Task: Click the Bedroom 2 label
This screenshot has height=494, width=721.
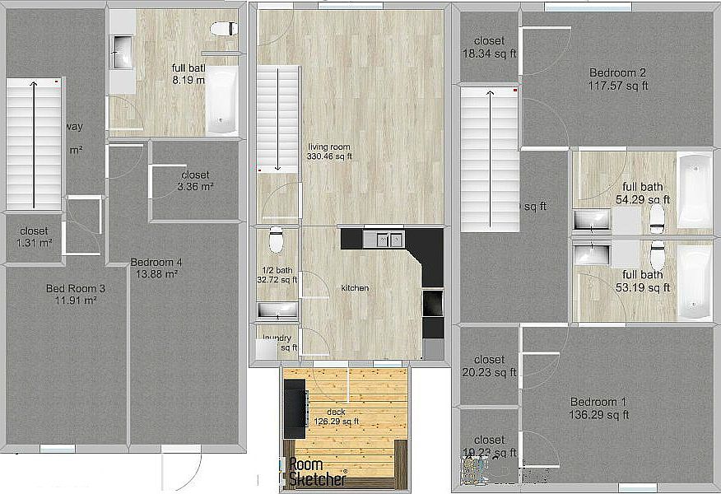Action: [x=618, y=72]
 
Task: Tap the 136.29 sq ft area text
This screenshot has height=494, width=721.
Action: [x=599, y=415]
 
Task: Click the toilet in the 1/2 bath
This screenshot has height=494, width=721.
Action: [x=276, y=240]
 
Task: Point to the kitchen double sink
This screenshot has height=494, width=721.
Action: [x=384, y=240]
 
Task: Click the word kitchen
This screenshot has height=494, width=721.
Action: [x=355, y=288]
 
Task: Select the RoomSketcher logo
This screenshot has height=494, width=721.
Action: [x=317, y=471]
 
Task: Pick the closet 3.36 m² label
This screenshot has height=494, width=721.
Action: [x=195, y=181]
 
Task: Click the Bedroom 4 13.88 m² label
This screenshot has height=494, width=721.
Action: [x=156, y=268]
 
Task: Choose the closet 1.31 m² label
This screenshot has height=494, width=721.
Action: [x=34, y=237]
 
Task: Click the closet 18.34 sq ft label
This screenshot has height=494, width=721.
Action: [x=489, y=47]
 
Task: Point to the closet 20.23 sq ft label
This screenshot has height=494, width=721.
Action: [x=489, y=366]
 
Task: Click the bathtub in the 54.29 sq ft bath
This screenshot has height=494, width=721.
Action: [x=693, y=189]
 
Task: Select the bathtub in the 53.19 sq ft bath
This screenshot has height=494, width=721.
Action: [x=693, y=282]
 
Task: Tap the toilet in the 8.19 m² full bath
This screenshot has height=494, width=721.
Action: [x=222, y=29]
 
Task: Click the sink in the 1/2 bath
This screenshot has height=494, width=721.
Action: [x=277, y=310]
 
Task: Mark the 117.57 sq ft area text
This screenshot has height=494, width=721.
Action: [x=618, y=85]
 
